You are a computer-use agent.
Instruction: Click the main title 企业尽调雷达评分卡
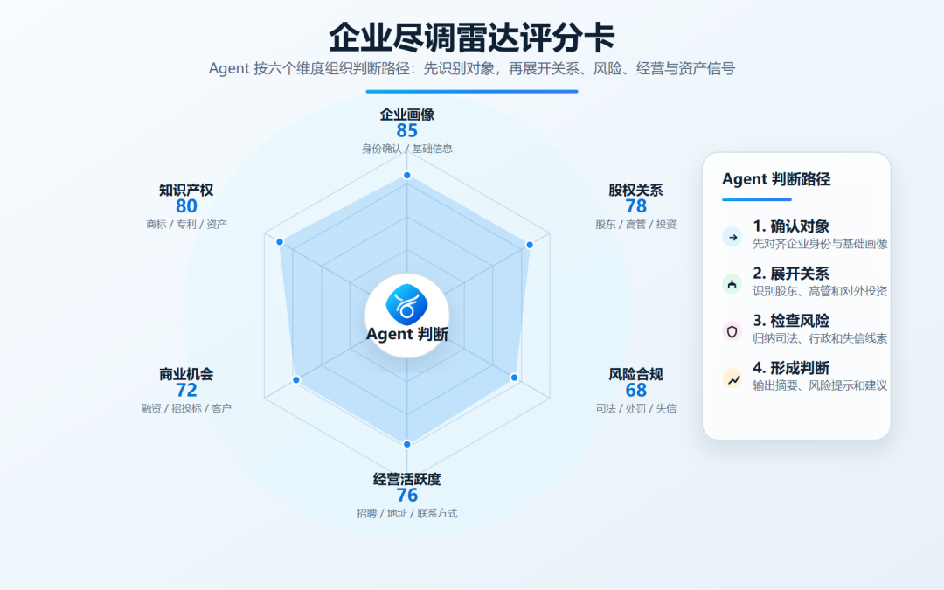(471, 38)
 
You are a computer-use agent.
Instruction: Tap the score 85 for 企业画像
(407, 130)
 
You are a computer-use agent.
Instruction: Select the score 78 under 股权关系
(635, 206)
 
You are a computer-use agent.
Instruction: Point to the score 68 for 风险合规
(635, 391)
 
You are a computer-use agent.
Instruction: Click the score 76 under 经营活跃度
(407, 496)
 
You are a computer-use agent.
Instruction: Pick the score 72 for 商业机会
(187, 391)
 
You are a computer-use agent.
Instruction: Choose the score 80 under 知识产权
(187, 206)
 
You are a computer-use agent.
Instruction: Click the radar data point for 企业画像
(407, 175)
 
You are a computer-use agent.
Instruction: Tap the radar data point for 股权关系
(530, 245)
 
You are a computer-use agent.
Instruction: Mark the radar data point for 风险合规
(514, 378)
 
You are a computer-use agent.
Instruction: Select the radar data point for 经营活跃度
(407, 444)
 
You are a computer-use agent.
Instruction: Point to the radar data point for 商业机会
(296, 380)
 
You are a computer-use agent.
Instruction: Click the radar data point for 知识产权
(280, 242)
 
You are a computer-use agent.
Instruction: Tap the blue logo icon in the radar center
(407, 305)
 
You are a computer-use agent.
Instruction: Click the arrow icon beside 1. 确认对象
(732, 237)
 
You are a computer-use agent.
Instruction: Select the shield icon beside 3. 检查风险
(732, 332)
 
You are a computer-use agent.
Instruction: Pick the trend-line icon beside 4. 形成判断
(732, 378)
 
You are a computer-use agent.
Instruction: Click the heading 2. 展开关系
(791, 274)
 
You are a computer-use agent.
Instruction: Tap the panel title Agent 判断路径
(777, 179)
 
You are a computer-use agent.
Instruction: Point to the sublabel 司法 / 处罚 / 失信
(635, 409)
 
